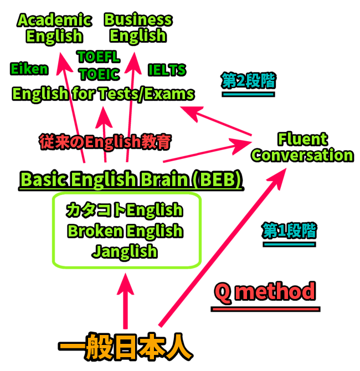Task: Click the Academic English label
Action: pos(54,28)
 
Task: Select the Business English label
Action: pos(138,28)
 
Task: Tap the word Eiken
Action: pos(29,69)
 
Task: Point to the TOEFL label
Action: pos(99,56)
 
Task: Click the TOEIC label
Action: pos(99,74)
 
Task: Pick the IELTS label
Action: pos(167,70)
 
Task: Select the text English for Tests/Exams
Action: pos(103,94)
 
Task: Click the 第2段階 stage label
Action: pos(248,81)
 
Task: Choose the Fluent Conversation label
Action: pos(302,147)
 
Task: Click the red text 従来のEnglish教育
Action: pos(105,141)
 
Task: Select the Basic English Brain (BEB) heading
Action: pos(131,179)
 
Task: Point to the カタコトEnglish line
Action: pos(125,210)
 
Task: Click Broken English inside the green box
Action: pos(125,230)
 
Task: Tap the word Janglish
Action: pos(125,251)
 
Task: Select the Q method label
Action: pos(265,292)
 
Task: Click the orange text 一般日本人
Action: pos(126,349)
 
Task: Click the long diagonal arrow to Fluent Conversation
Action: pos(222,249)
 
